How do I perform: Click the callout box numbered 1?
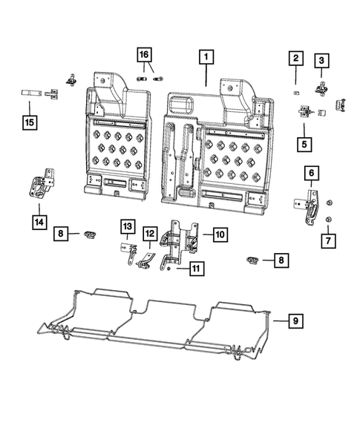[x=206, y=56]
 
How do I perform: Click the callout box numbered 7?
[x=327, y=240]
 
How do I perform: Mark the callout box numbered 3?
[x=321, y=60]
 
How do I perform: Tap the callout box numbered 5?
[x=304, y=140]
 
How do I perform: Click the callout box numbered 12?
[x=150, y=234]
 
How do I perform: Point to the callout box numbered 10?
[x=220, y=234]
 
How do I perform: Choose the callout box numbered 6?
[x=311, y=173]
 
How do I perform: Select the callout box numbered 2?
[x=295, y=58]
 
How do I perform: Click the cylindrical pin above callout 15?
[x=29, y=93]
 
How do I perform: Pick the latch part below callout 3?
[x=323, y=89]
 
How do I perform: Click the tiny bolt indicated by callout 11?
[x=170, y=272]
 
